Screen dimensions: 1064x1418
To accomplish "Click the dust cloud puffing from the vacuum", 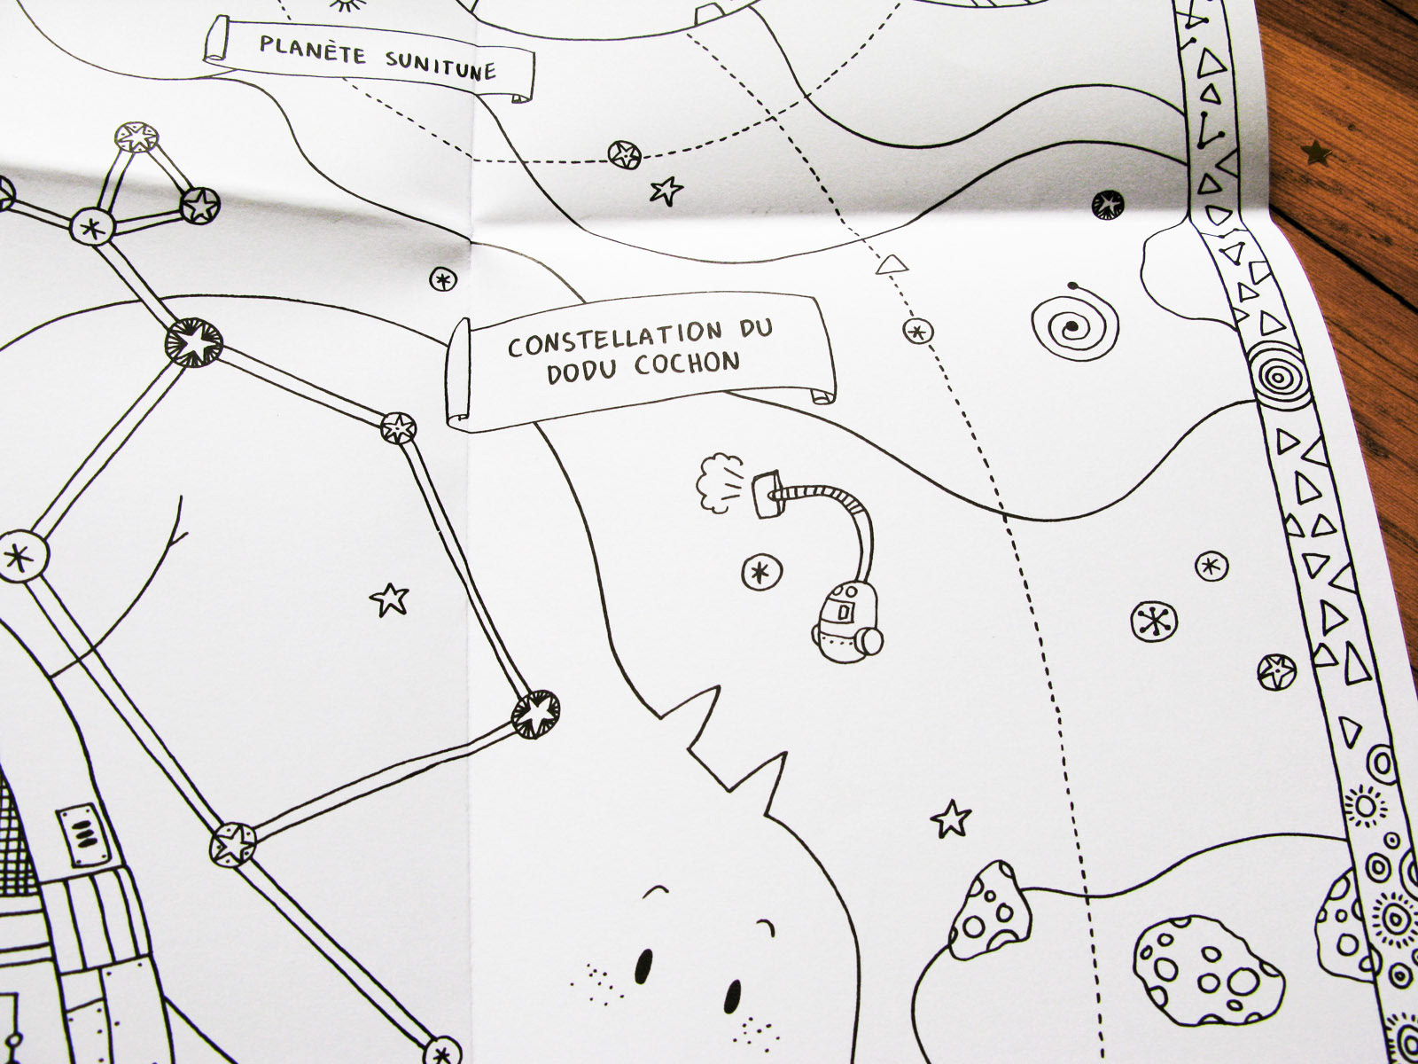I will (714, 485).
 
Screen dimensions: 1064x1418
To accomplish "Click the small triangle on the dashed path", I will (891, 264).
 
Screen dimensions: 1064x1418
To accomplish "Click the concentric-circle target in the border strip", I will (1276, 376).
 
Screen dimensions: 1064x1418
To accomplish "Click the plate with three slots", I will (84, 835).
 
